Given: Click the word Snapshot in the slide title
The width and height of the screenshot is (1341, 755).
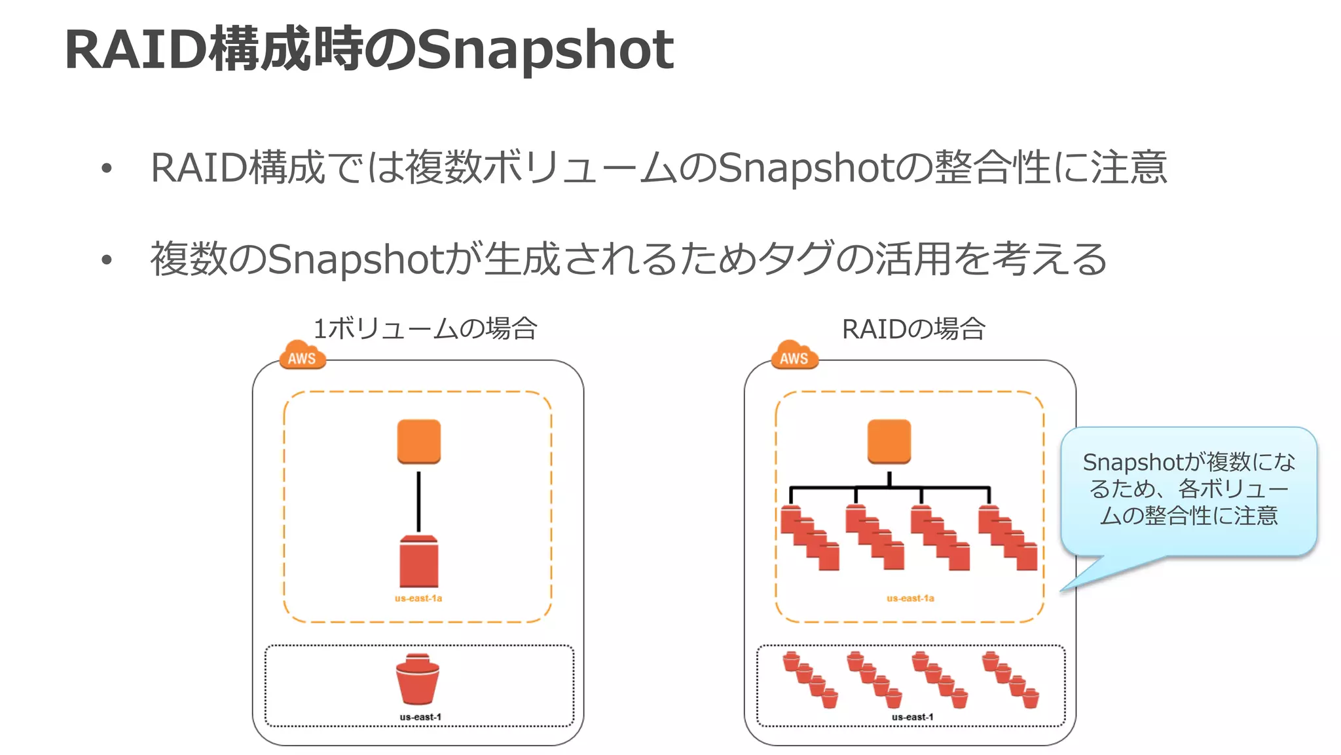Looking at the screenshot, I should click(x=545, y=51).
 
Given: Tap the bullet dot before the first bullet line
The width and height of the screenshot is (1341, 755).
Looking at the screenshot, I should click(x=107, y=169).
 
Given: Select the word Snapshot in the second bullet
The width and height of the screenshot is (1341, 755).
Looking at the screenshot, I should click(x=357, y=260).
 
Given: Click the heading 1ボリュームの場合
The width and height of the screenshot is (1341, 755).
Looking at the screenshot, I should click(x=426, y=328).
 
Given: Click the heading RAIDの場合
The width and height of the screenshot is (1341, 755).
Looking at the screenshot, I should click(x=913, y=328).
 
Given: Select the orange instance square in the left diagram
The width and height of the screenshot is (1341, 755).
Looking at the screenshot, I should click(x=419, y=442).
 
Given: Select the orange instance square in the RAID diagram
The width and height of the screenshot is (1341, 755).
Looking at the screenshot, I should click(x=889, y=442).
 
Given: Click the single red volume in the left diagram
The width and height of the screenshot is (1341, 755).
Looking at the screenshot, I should click(x=419, y=562).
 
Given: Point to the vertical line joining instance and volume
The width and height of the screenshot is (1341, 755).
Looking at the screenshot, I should click(x=419, y=501).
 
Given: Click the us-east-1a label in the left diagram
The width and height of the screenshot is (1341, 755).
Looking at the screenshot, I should click(x=418, y=598).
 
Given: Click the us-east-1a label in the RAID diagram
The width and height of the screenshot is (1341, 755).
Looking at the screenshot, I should click(x=910, y=598).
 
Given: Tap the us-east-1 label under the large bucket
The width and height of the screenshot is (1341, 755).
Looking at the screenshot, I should click(x=420, y=717).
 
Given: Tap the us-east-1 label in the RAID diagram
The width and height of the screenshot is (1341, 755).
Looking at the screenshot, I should click(x=912, y=717).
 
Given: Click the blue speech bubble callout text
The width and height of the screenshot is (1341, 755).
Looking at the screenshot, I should click(x=1188, y=489).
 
